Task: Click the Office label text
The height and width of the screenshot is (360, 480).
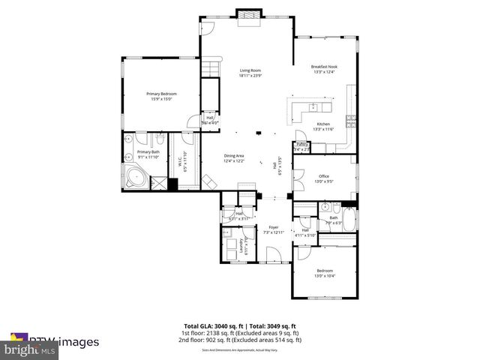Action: tap(324, 178)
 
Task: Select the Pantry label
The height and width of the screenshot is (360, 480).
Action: tap(302, 145)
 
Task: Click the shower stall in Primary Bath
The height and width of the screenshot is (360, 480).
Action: tap(159, 182)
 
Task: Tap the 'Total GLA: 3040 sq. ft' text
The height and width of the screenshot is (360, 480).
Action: tap(211, 326)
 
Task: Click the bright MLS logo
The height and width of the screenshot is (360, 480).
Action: tap(30, 349)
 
